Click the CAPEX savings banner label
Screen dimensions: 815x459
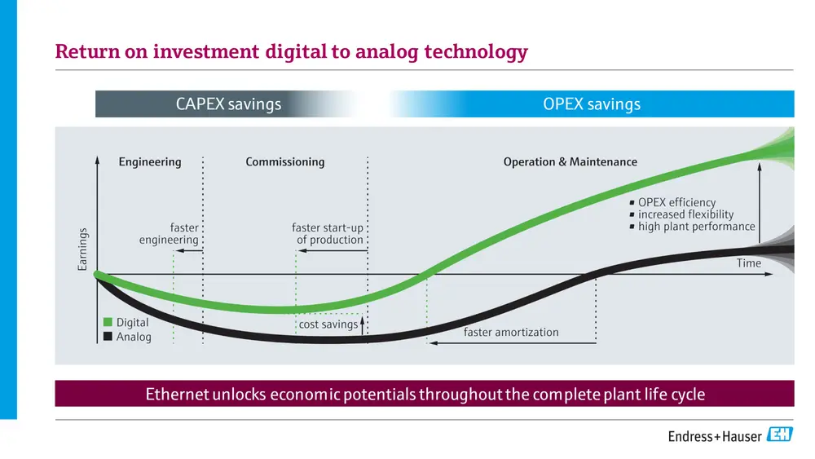(x=228, y=104)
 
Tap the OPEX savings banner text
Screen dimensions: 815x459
(x=592, y=104)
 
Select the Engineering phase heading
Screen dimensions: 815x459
(x=150, y=162)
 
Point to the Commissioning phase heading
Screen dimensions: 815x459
(x=284, y=162)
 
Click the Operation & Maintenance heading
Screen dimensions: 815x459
(x=570, y=162)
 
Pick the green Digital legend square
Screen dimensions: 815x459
(x=108, y=322)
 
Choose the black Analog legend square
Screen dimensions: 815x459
(x=108, y=337)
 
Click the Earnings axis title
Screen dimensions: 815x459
(x=82, y=249)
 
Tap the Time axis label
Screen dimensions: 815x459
(x=748, y=263)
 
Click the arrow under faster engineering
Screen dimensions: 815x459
(x=189, y=250)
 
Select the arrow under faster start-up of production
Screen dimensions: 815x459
(x=333, y=250)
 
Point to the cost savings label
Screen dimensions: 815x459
(x=328, y=324)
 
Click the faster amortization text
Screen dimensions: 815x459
(x=511, y=332)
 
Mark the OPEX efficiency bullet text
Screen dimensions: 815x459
(x=676, y=202)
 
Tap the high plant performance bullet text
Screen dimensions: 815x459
(x=697, y=227)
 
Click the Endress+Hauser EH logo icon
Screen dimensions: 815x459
(x=780, y=434)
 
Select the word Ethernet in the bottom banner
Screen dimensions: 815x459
(x=177, y=394)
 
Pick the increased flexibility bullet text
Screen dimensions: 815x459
(x=685, y=214)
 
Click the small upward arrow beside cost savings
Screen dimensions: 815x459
(x=363, y=325)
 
